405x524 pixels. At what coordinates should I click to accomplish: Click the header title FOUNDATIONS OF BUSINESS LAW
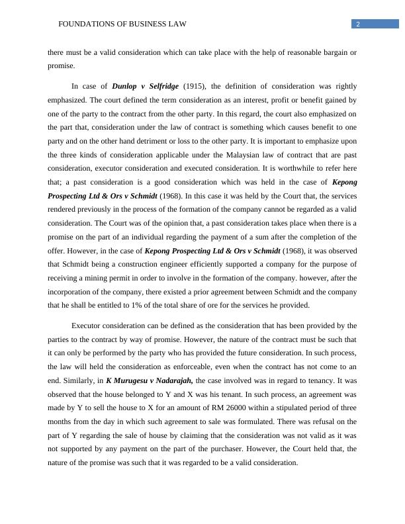pyautogui.click(x=122, y=24)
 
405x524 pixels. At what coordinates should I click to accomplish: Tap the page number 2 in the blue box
pyautogui.click(x=357, y=24)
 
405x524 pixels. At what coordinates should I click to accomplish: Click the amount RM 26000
pyautogui.click(x=263, y=408)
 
